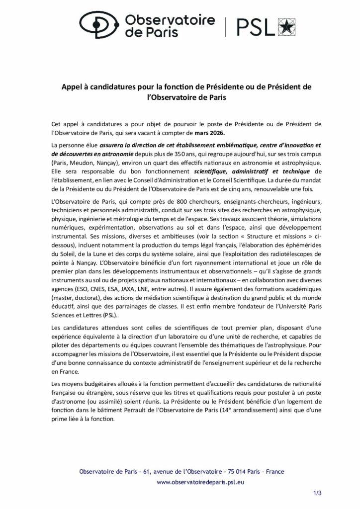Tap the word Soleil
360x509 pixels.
tap(68, 250)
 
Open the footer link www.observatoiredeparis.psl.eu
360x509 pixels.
tap(200, 482)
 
